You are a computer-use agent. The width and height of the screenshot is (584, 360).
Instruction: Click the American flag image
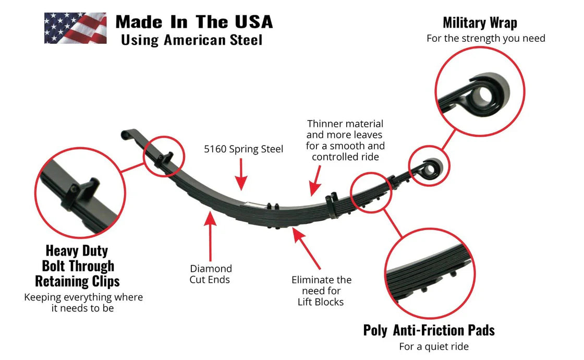tap(75, 28)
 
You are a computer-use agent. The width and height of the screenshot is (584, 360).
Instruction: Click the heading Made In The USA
tap(194, 22)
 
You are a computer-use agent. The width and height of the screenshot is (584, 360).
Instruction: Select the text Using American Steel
tap(191, 40)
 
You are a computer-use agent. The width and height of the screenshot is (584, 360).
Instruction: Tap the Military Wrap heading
tap(480, 22)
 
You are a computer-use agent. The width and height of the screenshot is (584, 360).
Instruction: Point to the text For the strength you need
tap(485, 38)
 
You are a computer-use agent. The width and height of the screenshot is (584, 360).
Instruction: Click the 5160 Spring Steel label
tap(244, 149)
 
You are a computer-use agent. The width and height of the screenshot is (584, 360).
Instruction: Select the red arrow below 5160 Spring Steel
tap(241, 175)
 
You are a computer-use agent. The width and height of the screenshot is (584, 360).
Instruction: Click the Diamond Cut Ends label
tap(211, 274)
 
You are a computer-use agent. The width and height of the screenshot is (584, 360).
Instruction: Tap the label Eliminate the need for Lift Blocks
tap(321, 291)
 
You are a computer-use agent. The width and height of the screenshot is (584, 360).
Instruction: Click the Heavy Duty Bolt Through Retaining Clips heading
tap(77, 266)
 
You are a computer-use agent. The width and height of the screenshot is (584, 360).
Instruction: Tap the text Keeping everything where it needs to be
tap(83, 303)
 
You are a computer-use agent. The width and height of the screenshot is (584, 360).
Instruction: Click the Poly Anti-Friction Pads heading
tap(429, 330)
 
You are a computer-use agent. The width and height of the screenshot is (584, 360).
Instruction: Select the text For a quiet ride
tap(434, 346)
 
